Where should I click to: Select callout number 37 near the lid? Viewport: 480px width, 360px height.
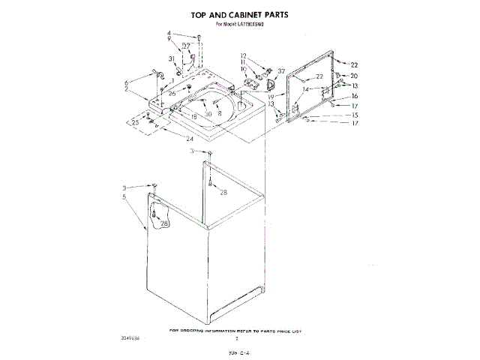[281, 72]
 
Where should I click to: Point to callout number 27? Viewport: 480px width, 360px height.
[186, 46]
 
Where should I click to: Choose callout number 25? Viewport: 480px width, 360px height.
[136, 122]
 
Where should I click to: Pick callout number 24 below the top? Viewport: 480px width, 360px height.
[190, 139]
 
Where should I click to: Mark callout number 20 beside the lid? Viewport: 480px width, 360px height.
[354, 76]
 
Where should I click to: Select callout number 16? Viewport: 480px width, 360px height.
[355, 97]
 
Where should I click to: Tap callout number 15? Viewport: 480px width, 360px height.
[355, 115]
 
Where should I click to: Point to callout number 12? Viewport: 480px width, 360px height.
[244, 55]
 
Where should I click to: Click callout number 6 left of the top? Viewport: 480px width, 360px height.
[128, 82]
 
